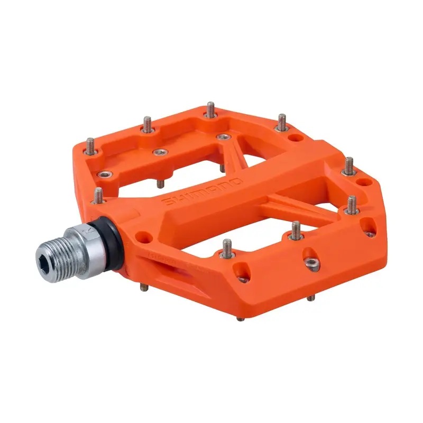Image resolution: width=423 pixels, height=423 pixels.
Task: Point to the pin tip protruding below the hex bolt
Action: [x=311, y=297]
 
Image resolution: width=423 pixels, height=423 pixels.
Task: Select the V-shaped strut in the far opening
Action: [x=233, y=153]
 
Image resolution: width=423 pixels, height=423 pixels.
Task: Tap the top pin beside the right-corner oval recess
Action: [x=350, y=166]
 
